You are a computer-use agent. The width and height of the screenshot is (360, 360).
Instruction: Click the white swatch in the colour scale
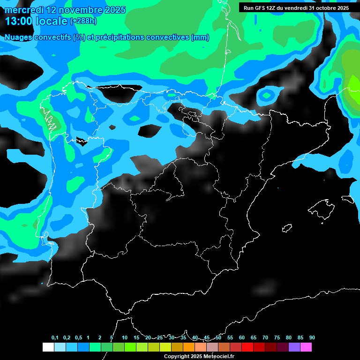48,347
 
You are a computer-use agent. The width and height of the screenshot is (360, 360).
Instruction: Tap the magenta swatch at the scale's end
306,347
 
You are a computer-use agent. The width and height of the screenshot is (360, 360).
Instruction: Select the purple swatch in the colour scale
294,347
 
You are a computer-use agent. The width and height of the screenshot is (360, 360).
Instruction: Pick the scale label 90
312,337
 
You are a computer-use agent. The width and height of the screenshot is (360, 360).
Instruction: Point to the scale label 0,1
54,337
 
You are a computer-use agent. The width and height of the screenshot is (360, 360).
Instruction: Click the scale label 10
125,337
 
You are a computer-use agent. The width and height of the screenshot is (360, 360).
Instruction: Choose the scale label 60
242,337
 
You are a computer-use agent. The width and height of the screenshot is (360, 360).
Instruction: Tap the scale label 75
277,337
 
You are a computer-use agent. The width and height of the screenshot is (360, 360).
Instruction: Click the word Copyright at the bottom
177,357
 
